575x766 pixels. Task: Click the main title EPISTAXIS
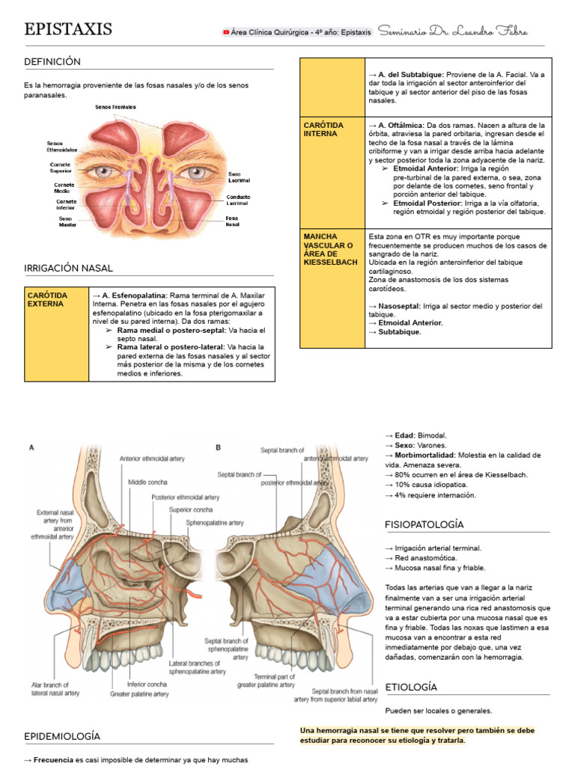click(68, 29)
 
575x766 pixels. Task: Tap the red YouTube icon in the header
click(226, 32)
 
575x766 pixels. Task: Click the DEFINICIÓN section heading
click(52, 61)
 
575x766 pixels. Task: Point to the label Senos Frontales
click(115, 108)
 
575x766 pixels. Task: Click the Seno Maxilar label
click(68, 221)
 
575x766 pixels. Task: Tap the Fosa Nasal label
click(233, 221)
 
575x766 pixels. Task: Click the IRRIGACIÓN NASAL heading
click(68, 268)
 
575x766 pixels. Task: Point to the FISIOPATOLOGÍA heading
click(425, 524)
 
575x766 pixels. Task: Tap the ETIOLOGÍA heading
click(411, 687)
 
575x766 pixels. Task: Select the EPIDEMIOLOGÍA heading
click(62, 736)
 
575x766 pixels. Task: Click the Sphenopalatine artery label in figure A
click(215, 523)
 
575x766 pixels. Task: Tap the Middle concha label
click(147, 482)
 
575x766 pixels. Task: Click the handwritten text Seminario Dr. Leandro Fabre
click(453, 31)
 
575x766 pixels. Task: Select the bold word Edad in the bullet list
click(405, 435)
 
